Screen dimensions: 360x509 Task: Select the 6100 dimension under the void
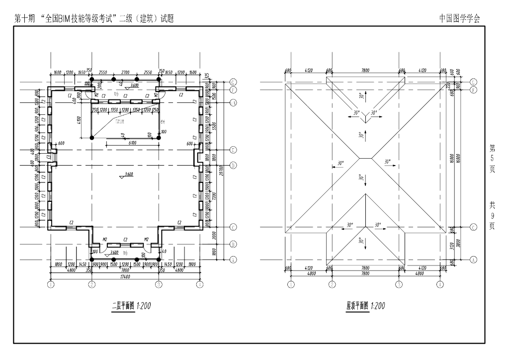pyautogui.click(x=132, y=143)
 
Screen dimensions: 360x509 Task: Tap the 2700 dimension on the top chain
pyautogui.click(x=125, y=73)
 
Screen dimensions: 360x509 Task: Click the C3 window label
pyautogui.click(x=48, y=158)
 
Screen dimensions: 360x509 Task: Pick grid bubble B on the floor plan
pyautogui.click(x=233, y=244)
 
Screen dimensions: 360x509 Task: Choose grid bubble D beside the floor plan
pyautogui.click(x=233, y=165)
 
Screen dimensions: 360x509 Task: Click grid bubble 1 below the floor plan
pyautogui.click(x=50, y=285)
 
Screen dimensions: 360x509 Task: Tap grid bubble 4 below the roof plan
pyautogui.click(x=440, y=285)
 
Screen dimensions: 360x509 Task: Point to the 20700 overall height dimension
pyautogui.click(x=220, y=170)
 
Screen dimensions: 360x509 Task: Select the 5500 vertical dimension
pyautogui.click(x=213, y=126)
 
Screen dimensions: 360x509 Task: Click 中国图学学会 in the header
pyautogui.click(x=459, y=18)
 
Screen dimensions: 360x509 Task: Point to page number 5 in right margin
pyautogui.click(x=492, y=159)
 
